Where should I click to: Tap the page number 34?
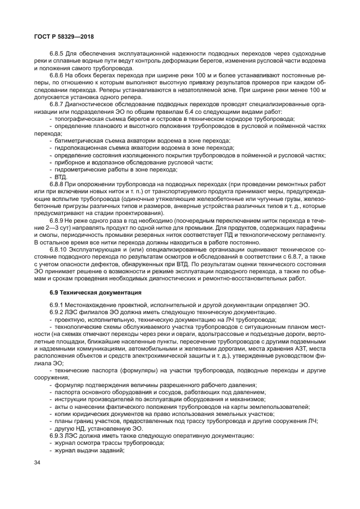[x=37, y=463]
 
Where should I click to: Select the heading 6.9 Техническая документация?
[x=95, y=293]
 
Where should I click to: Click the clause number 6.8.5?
[x=59, y=54]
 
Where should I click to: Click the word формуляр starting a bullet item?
[x=69, y=384]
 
